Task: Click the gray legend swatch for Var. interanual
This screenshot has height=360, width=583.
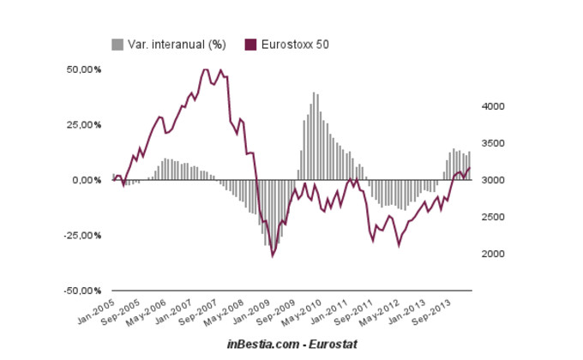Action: [x=117, y=45]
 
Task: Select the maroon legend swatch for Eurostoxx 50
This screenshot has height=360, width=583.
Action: [x=251, y=45]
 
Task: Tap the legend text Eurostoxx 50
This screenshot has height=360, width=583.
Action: [x=294, y=45]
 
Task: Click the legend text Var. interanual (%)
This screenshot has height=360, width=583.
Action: [x=177, y=45]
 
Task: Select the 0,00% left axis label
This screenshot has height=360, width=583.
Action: [x=86, y=180]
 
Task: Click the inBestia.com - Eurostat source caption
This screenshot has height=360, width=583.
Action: [x=291, y=343]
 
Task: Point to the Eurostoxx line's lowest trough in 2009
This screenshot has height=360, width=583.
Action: [x=273, y=255]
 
